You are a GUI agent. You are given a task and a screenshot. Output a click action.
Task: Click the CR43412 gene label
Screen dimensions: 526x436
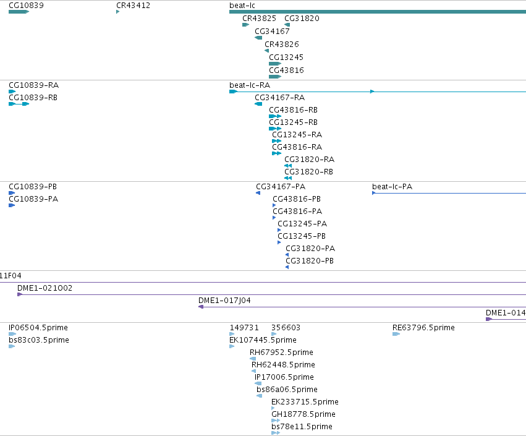[x=133, y=6]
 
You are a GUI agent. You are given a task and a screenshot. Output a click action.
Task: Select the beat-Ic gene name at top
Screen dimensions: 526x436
[x=242, y=6]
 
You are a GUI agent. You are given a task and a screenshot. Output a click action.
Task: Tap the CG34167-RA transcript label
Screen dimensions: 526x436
[x=280, y=98]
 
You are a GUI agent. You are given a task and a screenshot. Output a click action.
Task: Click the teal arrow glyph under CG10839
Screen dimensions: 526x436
[x=19, y=12]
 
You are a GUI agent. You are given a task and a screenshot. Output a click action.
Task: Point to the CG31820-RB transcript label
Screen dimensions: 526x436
[x=309, y=172]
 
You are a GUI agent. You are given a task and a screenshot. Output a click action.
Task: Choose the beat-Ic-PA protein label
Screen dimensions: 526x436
[x=392, y=187]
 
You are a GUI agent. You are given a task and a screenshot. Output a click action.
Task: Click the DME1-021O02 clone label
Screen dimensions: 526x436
[x=45, y=288]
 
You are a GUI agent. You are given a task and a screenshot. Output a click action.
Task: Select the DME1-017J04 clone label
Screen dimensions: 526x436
[x=224, y=301]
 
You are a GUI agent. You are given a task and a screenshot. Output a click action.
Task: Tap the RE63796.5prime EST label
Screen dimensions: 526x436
[x=423, y=328]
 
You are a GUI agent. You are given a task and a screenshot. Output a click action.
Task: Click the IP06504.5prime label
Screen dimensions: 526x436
[x=38, y=328]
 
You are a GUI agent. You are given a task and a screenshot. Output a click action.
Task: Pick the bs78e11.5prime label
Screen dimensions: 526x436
[x=302, y=427]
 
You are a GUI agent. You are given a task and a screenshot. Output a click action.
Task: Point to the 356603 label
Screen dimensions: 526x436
[x=286, y=328]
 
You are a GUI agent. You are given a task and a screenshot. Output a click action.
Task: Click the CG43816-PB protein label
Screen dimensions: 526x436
[x=297, y=199]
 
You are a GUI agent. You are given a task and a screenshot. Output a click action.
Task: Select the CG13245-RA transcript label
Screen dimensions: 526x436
[x=297, y=135]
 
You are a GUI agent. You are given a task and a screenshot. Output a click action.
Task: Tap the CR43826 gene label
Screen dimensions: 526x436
[x=282, y=45]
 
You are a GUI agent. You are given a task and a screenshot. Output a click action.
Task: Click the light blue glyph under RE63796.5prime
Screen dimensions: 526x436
[x=396, y=334]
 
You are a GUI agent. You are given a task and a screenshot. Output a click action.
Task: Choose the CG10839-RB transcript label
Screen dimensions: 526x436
[x=33, y=98]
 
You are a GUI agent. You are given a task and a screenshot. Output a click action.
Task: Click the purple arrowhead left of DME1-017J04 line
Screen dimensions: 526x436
[x=201, y=307]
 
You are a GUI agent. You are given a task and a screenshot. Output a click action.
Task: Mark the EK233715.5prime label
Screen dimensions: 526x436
[x=305, y=402]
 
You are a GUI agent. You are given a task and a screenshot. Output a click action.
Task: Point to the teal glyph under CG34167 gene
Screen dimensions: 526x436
[x=258, y=38]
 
